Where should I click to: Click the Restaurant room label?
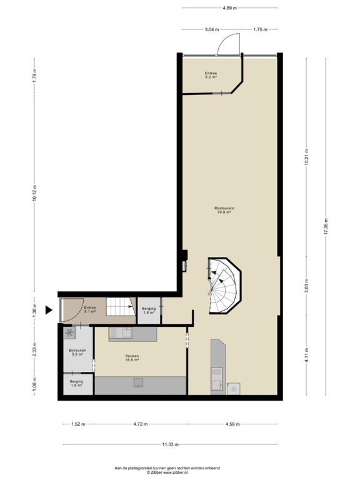[x=224, y=210]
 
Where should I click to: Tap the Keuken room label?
[x=132, y=358]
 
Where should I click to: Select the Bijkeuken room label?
[x=77, y=352]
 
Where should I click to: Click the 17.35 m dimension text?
[x=326, y=226]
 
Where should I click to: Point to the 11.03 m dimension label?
[x=170, y=444]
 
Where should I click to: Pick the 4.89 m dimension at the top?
[x=229, y=8]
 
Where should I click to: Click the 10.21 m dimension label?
[x=306, y=157]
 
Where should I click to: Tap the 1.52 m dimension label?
[x=78, y=424]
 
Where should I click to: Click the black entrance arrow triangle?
[x=49, y=310]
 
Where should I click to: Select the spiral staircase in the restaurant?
[x=224, y=286]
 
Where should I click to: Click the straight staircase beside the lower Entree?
[x=121, y=306]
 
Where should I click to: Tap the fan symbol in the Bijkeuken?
[x=69, y=332]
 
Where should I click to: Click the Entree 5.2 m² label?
[x=211, y=75]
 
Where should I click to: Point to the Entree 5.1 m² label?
[x=90, y=309]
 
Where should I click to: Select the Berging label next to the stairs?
[x=149, y=311]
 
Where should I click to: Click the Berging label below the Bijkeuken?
[x=76, y=383]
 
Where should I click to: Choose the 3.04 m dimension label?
[x=212, y=29]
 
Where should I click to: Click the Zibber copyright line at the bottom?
[x=167, y=472]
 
